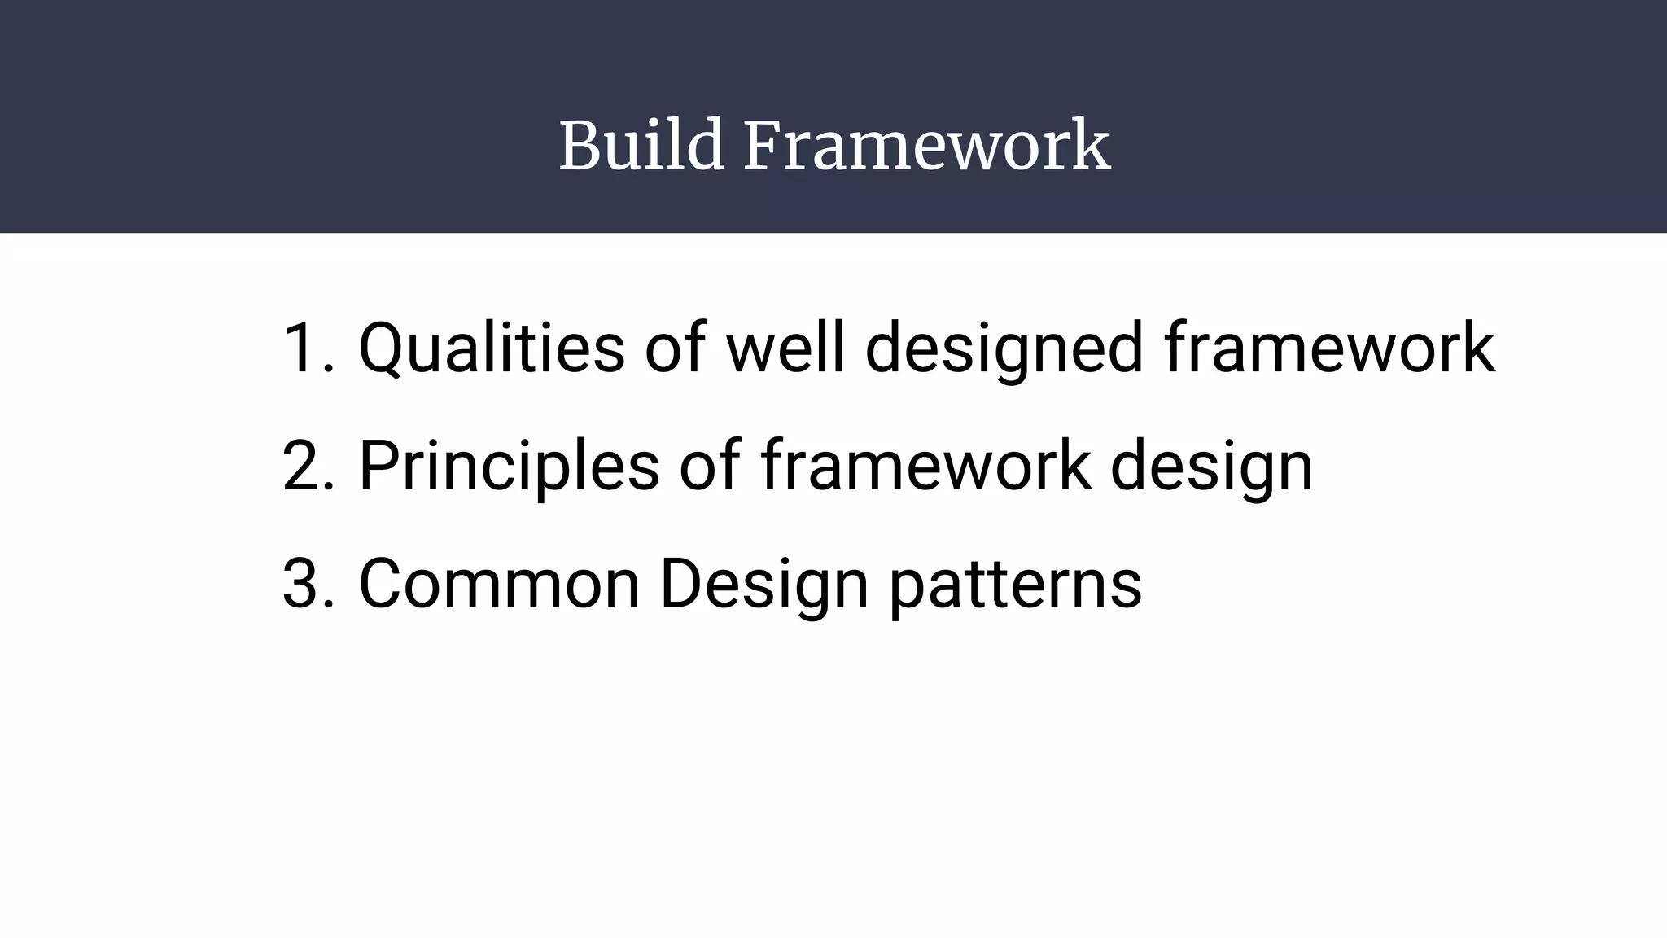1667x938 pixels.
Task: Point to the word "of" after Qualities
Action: click(x=675, y=348)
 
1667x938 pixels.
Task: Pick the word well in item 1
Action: click(x=785, y=348)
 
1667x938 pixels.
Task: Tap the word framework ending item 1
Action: click(x=1329, y=348)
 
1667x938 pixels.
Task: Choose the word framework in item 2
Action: click(x=925, y=466)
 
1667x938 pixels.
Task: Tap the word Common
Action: click(x=499, y=584)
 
